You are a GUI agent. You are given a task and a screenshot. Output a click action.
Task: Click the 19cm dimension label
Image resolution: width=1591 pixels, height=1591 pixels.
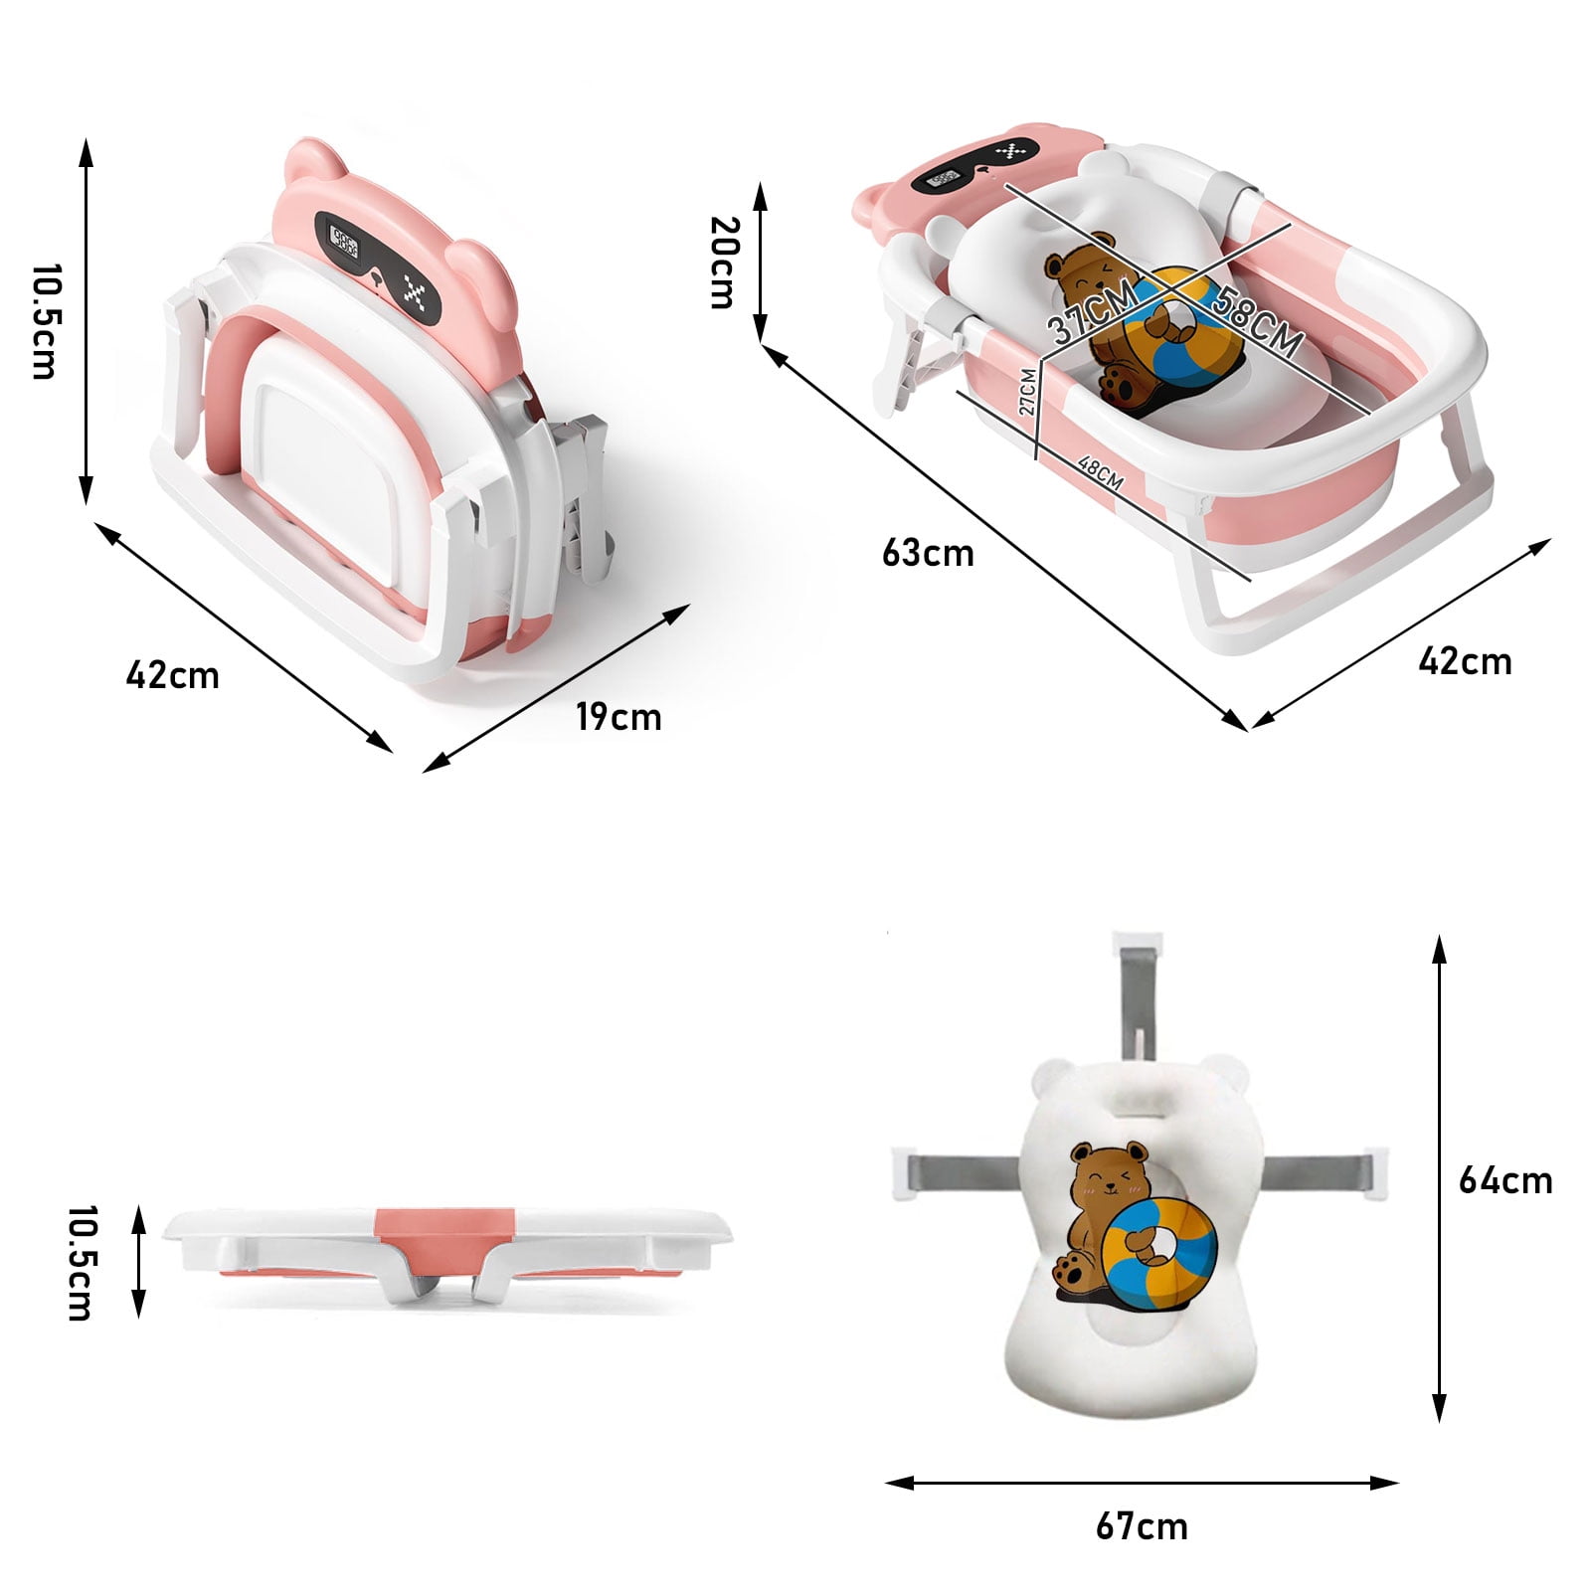point(619,716)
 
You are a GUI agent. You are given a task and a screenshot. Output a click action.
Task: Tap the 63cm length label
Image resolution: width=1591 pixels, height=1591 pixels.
point(928,553)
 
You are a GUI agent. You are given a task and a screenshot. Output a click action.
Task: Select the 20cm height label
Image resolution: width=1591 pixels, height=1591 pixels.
point(723,263)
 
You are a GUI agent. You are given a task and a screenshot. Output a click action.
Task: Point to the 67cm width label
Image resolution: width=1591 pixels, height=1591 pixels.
point(1142,1525)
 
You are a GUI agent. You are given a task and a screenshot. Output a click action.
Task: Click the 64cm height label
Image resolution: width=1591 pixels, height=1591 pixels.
point(1504,1180)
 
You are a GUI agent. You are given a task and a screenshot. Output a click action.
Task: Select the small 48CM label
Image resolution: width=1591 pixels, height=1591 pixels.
point(1100,474)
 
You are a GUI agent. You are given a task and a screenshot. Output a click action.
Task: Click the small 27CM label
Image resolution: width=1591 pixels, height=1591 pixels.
point(1028,390)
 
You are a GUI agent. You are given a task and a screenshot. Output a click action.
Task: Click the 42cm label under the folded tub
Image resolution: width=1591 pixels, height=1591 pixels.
point(172,675)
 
